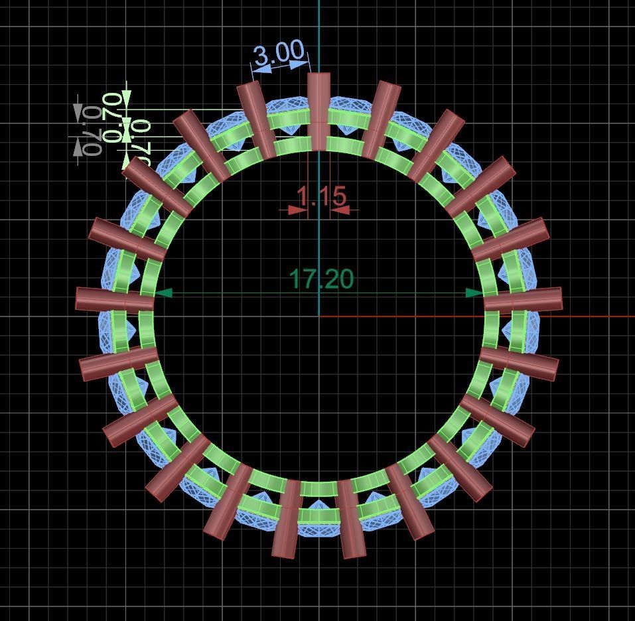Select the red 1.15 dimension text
tap(321, 196)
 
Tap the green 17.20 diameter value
tap(322, 279)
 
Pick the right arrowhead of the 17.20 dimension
tap(475, 293)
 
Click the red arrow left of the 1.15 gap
tap(298, 210)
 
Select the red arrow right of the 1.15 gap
tap(340, 210)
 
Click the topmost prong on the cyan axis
tap(318, 109)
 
